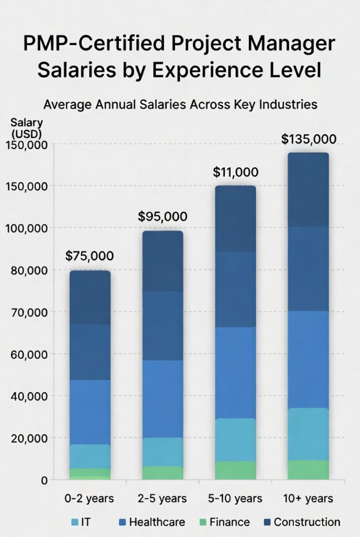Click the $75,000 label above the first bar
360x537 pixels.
pyautogui.click(x=90, y=256)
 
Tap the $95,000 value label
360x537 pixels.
pyautogui.click(x=162, y=216)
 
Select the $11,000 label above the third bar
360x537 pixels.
pyautogui.click(x=235, y=172)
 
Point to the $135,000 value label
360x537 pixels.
pyautogui.click(x=309, y=139)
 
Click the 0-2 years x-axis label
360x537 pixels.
pyautogui.click(x=90, y=497)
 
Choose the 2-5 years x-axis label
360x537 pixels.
pyautogui.click(x=162, y=497)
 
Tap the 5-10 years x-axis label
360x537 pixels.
pyautogui.click(x=235, y=497)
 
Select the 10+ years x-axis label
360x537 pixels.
pyautogui.click(x=309, y=497)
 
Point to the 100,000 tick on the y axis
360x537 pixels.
pyautogui.click(x=26, y=228)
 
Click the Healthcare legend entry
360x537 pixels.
pyautogui.click(x=157, y=522)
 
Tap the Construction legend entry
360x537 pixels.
pyautogui.click(x=307, y=522)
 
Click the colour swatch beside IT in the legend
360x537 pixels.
pyautogui.click(x=75, y=522)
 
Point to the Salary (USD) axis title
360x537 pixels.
pyautogui.click(x=26, y=127)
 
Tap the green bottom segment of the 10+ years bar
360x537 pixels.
pyautogui.click(x=308, y=470)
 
